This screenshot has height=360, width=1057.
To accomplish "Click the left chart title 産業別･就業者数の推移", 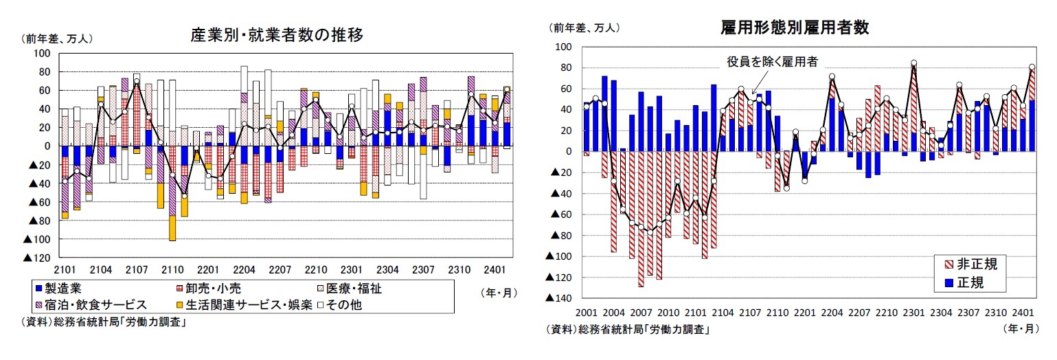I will pyautogui.click(x=276, y=35).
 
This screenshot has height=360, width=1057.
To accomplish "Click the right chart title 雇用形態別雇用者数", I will pyautogui.click(x=794, y=27).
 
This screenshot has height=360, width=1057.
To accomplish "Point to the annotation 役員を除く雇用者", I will pyautogui.click(x=773, y=62).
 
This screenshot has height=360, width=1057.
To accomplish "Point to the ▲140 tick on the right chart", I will pyautogui.click(x=558, y=298).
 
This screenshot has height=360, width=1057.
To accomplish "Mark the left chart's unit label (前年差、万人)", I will pyautogui.click(x=58, y=38).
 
